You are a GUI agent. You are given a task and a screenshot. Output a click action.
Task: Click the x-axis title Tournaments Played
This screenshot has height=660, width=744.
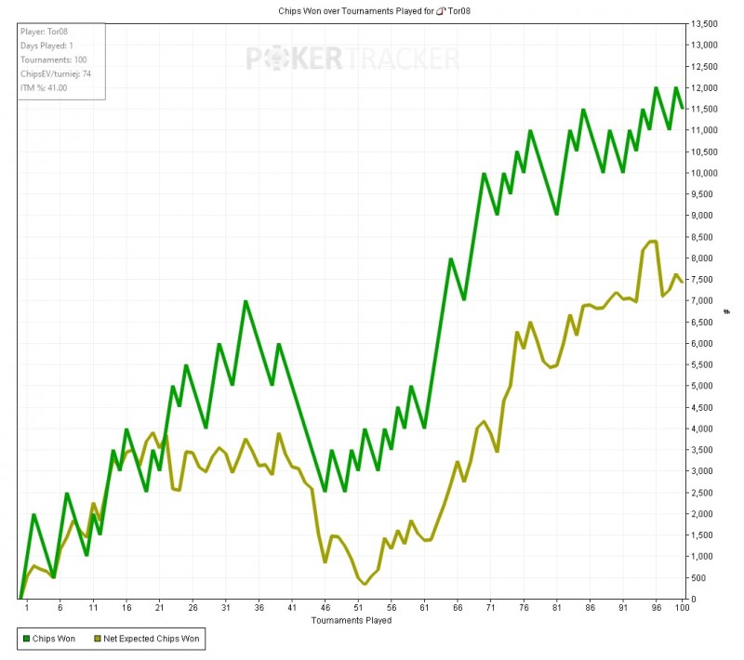point(352,620)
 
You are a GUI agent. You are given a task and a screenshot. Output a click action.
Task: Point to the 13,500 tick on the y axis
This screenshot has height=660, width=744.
point(704,23)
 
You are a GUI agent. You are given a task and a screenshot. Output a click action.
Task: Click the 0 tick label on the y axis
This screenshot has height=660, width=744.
point(694,599)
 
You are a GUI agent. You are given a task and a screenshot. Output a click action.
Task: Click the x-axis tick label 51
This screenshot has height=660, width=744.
point(358,608)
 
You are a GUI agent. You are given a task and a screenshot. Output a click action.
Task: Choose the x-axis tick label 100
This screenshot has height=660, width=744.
point(683,608)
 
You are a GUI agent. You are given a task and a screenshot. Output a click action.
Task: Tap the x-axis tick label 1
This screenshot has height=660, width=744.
point(27,608)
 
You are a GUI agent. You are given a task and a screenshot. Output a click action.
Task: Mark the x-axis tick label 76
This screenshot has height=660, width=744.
point(524,608)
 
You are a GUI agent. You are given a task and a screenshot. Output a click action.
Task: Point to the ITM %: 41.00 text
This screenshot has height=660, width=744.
point(45,87)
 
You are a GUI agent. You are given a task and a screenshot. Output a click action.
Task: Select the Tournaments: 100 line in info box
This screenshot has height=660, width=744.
point(54,59)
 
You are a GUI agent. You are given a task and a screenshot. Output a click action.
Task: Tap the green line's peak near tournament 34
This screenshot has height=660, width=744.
point(246,301)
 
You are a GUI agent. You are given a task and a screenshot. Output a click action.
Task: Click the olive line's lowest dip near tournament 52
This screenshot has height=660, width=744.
point(365,584)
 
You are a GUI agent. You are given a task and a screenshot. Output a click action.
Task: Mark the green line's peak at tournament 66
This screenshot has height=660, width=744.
point(451,259)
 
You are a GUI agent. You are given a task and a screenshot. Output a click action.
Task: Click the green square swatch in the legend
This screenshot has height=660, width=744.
point(23,639)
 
